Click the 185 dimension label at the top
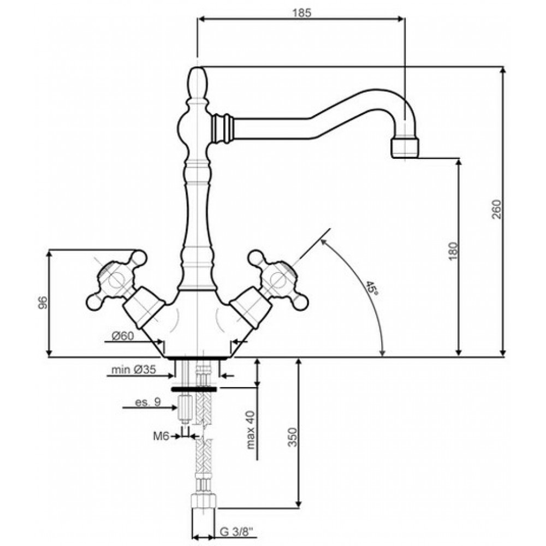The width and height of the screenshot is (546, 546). (x=301, y=13)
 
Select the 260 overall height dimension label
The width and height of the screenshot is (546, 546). (x=496, y=209)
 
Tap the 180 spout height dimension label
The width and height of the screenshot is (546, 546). (x=452, y=251)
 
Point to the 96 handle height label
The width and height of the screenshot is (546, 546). (x=42, y=302)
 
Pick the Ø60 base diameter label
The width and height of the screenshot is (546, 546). (x=122, y=336)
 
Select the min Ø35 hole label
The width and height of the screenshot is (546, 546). (x=133, y=370)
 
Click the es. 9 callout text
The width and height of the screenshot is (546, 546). (x=148, y=402)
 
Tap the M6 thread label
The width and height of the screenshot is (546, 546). (x=161, y=436)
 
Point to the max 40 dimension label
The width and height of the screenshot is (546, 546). (x=251, y=430)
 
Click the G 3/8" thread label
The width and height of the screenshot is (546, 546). (x=237, y=532)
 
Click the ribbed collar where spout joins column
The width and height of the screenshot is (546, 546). (x=222, y=127)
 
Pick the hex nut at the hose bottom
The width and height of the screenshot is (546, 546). (x=204, y=502)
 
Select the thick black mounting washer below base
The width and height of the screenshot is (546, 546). (x=194, y=389)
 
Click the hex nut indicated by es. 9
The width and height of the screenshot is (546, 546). (x=185, y=408)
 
